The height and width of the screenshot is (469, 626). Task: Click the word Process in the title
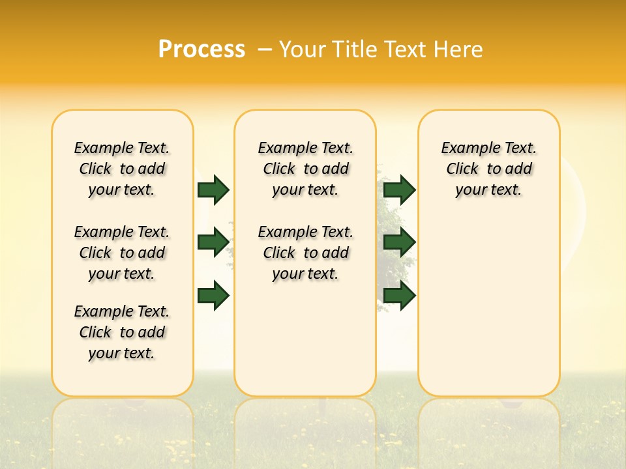(201, 50)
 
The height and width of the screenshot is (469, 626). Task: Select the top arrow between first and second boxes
(213, 190)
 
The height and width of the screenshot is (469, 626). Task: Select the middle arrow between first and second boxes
(213, 242)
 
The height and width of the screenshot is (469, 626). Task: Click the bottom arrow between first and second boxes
(213, 295)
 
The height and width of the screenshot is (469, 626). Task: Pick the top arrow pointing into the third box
(399, 190)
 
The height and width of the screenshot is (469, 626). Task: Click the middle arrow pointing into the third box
(399, 242)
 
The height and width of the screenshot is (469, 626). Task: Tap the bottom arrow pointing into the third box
(399, 295)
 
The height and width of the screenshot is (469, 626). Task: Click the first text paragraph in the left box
(122, 169)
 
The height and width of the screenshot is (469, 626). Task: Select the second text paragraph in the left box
(122, 253)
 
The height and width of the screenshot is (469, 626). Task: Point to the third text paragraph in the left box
(122, 332)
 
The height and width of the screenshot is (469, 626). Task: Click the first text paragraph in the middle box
(305, 169)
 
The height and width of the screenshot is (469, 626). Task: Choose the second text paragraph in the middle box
(305, 253)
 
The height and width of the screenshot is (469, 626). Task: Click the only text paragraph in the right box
(488, 169)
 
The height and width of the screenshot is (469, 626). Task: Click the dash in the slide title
(265, 50)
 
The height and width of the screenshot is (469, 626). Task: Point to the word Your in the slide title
(303, 50)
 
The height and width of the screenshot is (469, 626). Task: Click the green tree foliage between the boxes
(390, 215)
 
